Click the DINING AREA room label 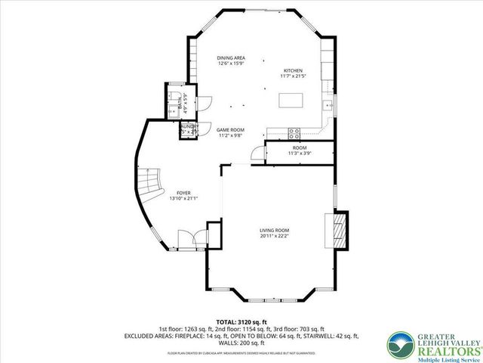coord(230,58)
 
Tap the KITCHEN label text coord(294,70)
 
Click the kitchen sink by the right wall coord(326,104)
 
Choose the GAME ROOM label coord(231,129)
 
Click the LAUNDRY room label coord(188,128)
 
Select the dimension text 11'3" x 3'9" coord(300,154)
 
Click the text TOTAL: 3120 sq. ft coord(241,321)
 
